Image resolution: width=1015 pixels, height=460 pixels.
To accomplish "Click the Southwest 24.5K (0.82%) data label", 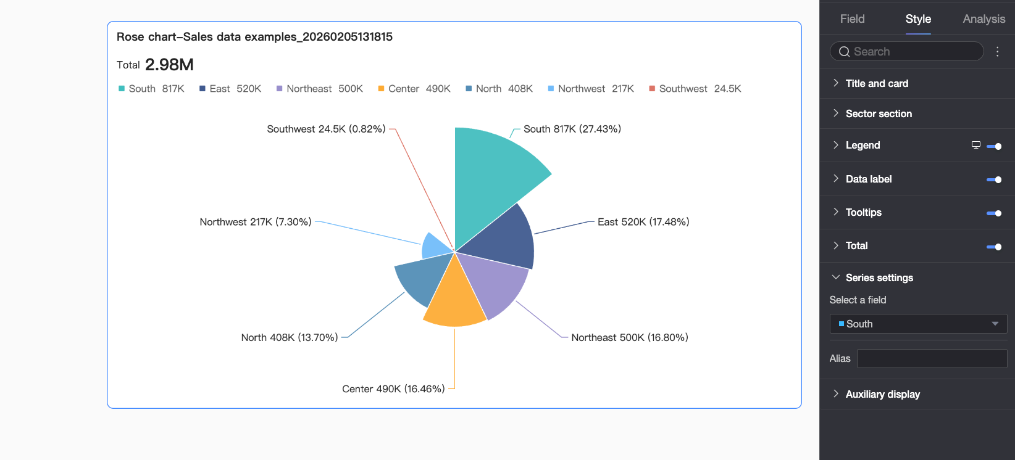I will (x=326, y=129).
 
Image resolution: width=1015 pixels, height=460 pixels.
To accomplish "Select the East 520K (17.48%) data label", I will (x=643, y=222).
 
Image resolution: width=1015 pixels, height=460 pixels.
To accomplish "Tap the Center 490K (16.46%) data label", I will (x=393, y=389).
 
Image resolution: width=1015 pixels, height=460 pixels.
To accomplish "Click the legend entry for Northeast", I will (x=320, y=89).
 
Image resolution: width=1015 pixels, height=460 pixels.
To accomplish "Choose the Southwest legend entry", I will (x=695, y=89).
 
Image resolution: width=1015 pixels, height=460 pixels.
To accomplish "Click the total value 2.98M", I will (x=169, y=65).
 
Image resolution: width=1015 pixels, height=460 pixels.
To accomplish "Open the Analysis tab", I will (x=984, y=19).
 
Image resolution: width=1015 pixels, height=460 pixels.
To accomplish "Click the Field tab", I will (x=852, y=19).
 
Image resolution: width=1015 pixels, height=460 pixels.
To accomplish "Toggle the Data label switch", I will (x=994, y=179).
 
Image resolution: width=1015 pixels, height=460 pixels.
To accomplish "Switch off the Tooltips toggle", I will (x=994, y=213).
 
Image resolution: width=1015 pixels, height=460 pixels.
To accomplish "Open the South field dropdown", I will (x=918, y=324).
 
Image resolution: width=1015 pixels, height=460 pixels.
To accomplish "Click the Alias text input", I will (x=932, y=358).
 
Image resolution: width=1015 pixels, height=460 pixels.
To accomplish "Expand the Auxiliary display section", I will (x=882, y=394).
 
